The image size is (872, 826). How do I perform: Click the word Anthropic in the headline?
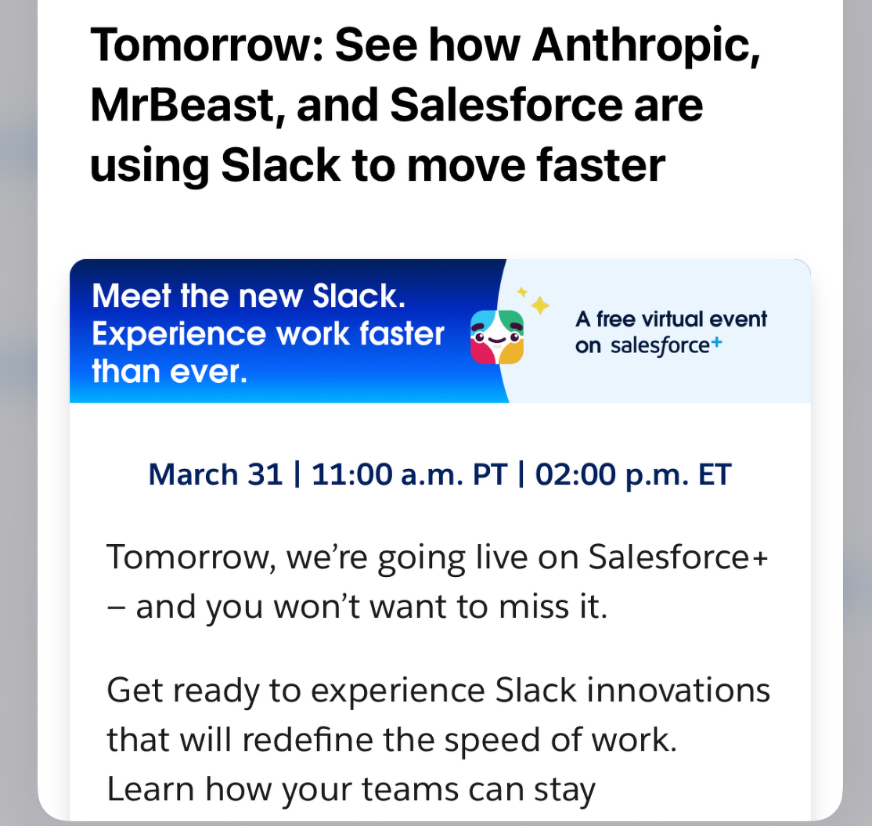pyautogui.click(x=645, y=47)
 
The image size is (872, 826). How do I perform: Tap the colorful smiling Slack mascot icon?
pyautogui.click(x=497, y=337)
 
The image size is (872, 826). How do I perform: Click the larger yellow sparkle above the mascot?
pyautogui.click(x=540, y=305)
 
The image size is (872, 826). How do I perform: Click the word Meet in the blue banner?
pyautogui.click(x=131, y=297)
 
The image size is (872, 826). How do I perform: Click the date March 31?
pyautogui.click(x=215, y=474)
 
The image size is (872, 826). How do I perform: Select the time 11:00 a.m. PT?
pyautogui.click(x=409, y=474)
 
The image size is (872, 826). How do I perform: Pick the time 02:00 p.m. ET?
pyautogui.click(x=633, y=474)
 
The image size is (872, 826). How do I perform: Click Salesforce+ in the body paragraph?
pyautogui.click(x=678, y=557)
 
